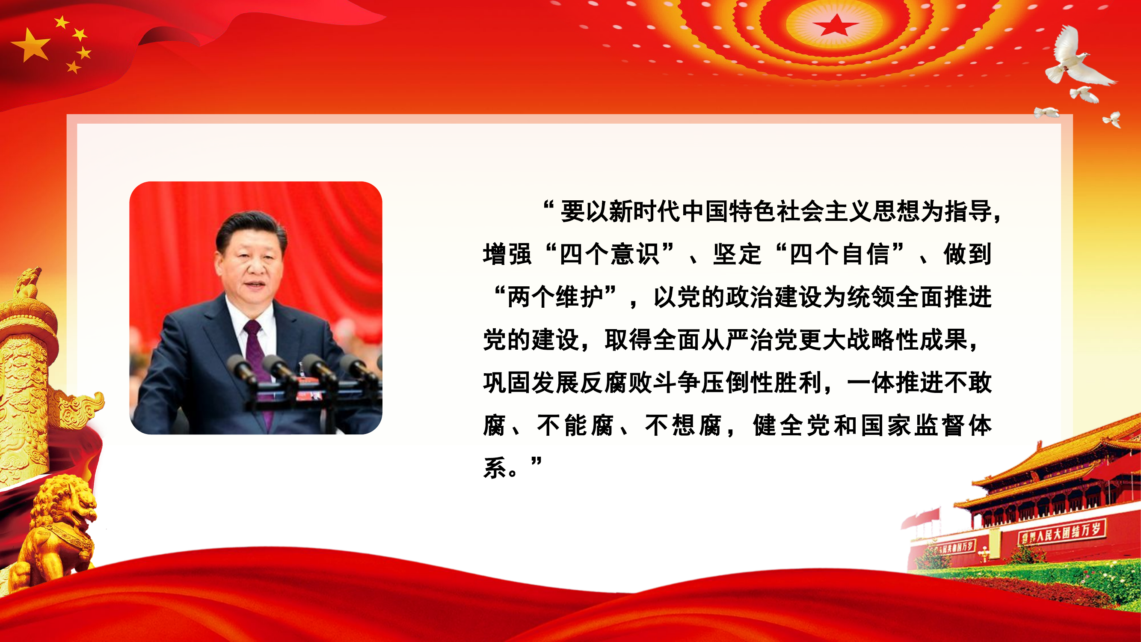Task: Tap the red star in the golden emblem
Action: pos(836,25)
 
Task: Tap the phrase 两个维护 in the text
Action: pos(555,297)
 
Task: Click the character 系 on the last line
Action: pos(494,468)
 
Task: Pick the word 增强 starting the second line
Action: pos(507,254)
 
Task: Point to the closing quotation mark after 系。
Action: pos(536,463)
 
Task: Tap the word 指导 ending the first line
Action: pos(969,211)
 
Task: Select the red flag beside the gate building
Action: pos(921,518)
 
